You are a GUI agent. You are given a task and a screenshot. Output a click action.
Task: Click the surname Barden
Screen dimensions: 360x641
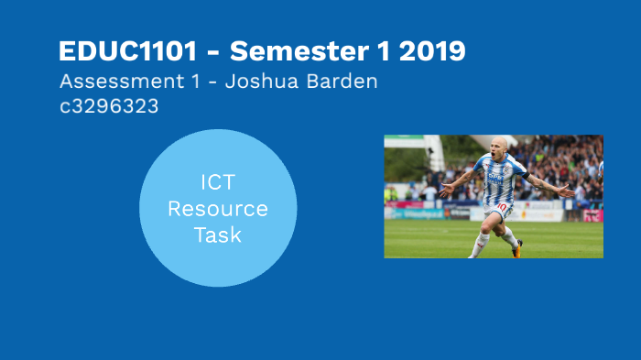[x=344, y=81]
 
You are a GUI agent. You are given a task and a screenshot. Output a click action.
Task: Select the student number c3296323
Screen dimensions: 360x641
[x=109, y=105]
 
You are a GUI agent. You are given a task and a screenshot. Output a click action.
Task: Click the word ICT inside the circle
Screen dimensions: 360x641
[x=218, y=182]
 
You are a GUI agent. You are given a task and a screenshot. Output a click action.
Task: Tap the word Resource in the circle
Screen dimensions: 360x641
[x=218, y=208]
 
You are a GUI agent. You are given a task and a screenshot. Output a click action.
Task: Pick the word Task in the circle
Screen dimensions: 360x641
[x=218, y=235]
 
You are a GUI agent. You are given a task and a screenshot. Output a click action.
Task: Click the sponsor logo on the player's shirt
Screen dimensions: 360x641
[x=495, y=177]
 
